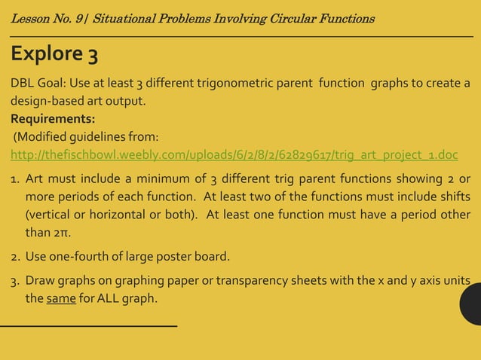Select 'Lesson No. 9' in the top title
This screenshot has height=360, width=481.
(44, 17)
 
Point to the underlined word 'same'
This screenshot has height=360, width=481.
(60, 297)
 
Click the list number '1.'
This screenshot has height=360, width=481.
(15, 180)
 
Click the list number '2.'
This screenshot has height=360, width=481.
(15, 257)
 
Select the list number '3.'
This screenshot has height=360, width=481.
(15, 281)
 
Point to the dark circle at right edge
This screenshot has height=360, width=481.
(471, 301)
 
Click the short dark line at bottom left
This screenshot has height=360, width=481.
(88, 325)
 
